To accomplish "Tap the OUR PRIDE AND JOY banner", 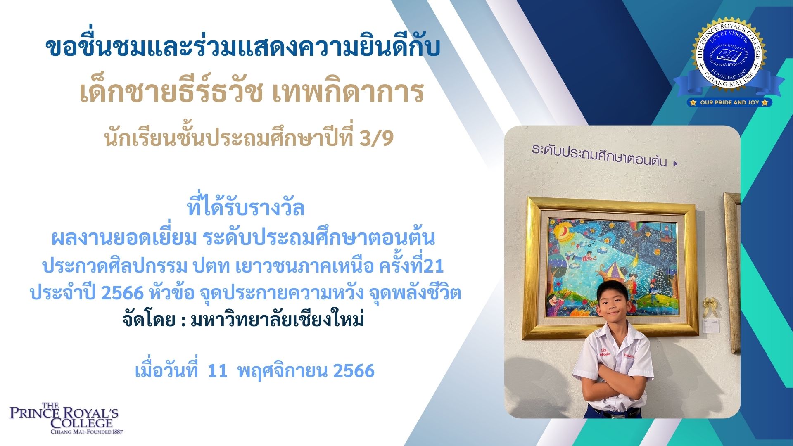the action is click(x=729, y=102).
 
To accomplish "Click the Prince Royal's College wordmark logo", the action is click(x=64, y=418).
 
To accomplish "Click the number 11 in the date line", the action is click(x=218, y=370).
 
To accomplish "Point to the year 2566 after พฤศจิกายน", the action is click(x=354, y=370).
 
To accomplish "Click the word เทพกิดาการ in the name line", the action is click(x=348, y=92).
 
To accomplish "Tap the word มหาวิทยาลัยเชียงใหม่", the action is click(x=278, y=320).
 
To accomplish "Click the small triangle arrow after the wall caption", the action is click(x=676, y=164).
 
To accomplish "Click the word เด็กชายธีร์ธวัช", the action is click(x=171, y=92).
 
